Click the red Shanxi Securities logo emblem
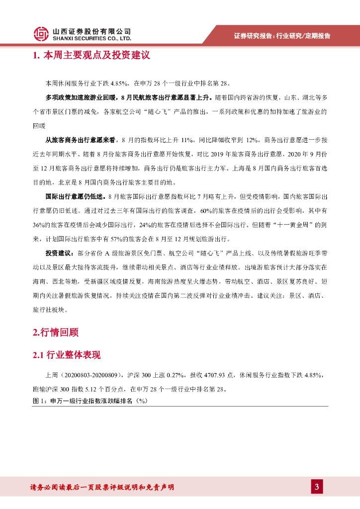click(x=42, y=33)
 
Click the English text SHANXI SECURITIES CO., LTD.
click(x=92, y=38)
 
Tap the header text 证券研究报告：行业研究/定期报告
click(x=282, y=36)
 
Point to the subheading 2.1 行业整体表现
click(x=67, y=355)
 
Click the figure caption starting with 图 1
click(x=90, y=401)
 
